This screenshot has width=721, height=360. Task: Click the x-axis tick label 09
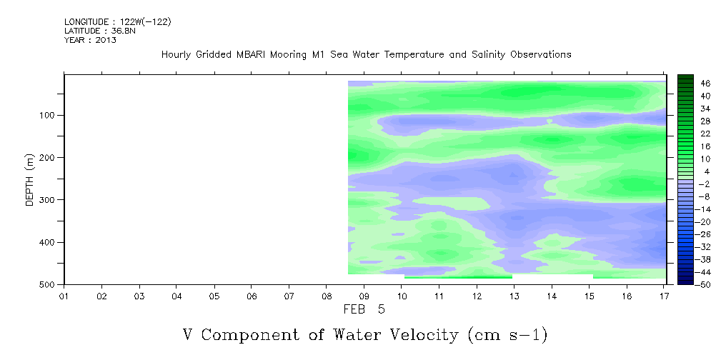pyautogui.click(x=364, y=296)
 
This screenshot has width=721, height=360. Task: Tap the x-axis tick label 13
pyautogui.click(x=514, y=296)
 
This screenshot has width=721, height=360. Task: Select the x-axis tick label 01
pyautogui.click(x=64, y=296)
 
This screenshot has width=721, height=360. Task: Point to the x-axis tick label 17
pyautogui.click(x=664, y=296)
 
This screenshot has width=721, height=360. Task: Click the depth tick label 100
pyautogui.click(x=49, y=115)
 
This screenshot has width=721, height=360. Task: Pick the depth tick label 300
pyautogui.click(x=49, y=199)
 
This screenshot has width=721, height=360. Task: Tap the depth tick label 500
pyautogui.click(x=49, y=284)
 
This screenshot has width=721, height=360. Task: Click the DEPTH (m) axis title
pyautogui.click(x=30, y=179)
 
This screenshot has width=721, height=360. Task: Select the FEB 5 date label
pyautogui.click(x=364, y=309)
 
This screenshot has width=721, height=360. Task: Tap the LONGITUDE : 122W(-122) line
pyautogui.click(x=118, y=22)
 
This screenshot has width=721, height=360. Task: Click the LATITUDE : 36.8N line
pyautogui.click(x=100, y=31)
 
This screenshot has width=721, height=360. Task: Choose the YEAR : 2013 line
pyautogui.click(x=90, y=40)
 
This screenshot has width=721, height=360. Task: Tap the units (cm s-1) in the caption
pyautogui.click(x=507, y=335)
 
